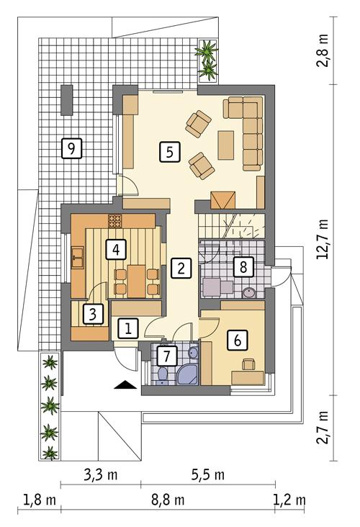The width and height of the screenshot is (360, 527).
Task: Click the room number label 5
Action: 168,152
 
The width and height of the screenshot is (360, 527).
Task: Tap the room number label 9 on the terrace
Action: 71,148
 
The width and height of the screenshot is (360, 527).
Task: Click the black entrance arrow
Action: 126,384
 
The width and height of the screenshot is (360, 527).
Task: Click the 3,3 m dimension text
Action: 101,475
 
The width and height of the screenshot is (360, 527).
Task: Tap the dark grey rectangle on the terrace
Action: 66,99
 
